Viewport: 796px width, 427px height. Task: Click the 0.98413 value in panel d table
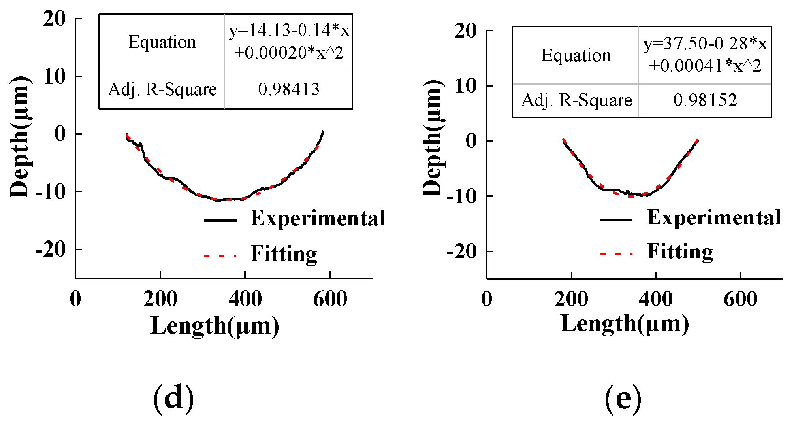click(x=288, y=89)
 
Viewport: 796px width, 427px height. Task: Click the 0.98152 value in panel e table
click(x=705, y=100)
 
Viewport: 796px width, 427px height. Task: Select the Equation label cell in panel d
click(x=162, y=42)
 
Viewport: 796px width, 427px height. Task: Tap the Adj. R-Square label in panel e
click(x=576, y=100)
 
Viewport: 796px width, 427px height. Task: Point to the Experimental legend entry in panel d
click(x=318, y=219)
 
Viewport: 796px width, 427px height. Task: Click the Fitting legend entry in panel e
click(x=680, y=251)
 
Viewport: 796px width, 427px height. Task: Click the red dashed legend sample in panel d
click(x=220, y=256)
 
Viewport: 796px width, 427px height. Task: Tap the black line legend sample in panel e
click(x=616, y=220)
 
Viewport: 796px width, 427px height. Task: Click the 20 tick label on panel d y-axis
click(x=54, y=19)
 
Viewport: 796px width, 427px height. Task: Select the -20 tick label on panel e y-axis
click(x=462, y=251)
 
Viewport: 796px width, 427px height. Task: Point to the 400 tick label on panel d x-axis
click(x=245, y=300)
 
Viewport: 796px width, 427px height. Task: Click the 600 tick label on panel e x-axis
click(x=740, y=300)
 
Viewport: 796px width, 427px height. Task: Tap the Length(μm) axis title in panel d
click(x=215, y=326)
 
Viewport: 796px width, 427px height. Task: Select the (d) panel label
click(x=173, y=399)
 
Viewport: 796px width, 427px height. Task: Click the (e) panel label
click(x=623, y=399)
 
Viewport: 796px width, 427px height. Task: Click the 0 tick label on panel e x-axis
click(x=487, y=300)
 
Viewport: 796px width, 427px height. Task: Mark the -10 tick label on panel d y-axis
click(x=50, y=191)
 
